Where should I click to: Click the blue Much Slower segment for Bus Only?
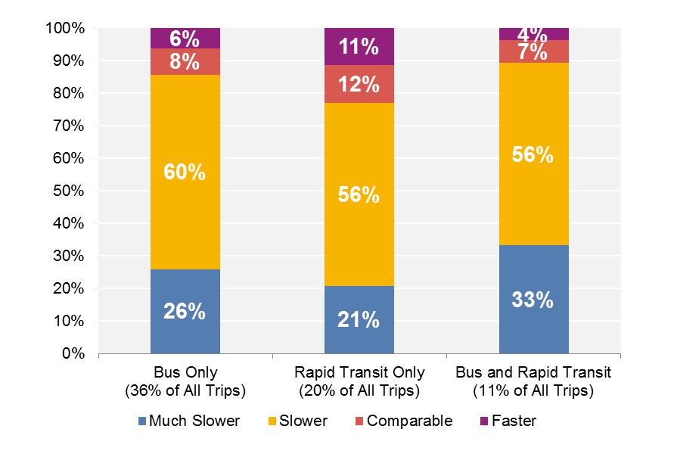185,311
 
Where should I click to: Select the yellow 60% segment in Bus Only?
185,172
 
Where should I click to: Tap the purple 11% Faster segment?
359,46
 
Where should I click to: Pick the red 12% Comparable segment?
359,84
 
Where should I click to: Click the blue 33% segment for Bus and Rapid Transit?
533,299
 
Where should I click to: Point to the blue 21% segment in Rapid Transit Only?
359,319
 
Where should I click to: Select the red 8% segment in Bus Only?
185,62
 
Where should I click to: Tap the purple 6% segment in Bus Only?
185,38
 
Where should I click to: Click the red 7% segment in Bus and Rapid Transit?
533,51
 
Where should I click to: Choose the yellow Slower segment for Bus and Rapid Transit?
533,154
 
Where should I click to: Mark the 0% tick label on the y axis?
74,354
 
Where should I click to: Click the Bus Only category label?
185,373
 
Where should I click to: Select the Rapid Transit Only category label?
359,373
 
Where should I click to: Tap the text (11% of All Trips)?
533,391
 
